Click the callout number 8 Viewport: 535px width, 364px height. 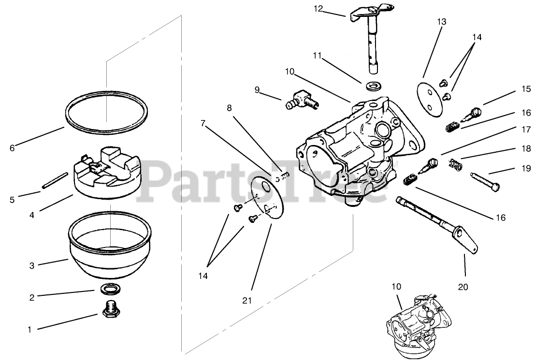(x=229, y=107)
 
